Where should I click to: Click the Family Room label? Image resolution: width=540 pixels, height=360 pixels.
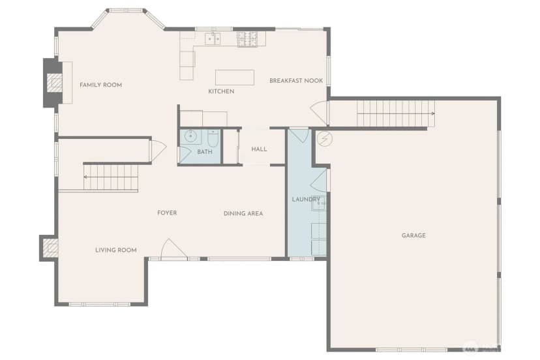pos(100,85)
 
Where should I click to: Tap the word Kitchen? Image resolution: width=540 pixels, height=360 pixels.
pos(221,91)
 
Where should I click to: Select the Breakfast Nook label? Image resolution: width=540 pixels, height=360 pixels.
pos(296,81)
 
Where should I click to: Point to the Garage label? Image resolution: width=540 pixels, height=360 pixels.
pos(413,235)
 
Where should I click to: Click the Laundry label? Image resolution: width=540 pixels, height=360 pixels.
pos(306,199)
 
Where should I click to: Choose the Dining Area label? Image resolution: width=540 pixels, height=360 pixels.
pos(243,214)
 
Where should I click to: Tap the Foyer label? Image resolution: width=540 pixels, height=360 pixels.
pos(167,213)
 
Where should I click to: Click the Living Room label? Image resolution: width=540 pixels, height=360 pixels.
pos(116,250)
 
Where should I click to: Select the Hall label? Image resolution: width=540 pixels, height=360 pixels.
pos(259,149)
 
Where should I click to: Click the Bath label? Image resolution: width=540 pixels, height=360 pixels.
pos(205,151)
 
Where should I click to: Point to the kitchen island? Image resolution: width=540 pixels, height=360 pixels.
pos(235,77)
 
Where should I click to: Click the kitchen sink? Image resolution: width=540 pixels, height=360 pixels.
pos(213,38)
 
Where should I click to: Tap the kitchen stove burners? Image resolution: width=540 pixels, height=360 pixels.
pos(247,39)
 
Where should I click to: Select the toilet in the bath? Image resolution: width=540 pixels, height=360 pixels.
pos(213,138)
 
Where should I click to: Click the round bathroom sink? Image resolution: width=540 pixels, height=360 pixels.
pos(190,136)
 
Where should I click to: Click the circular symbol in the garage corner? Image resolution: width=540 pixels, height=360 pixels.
pos(324,139)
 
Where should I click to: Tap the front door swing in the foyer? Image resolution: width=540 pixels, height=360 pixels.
pos(174,248)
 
